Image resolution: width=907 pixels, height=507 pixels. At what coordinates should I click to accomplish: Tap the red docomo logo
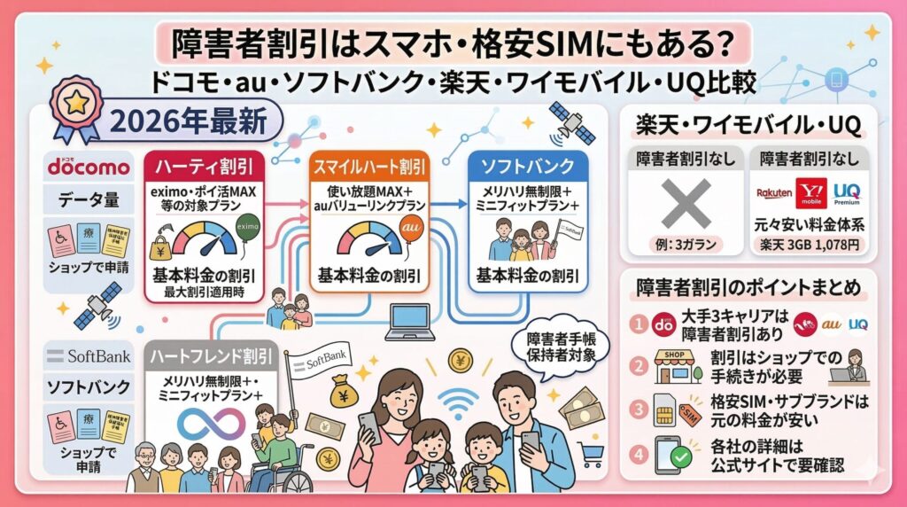[89, 166]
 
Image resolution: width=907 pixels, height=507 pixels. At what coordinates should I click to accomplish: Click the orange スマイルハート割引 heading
[368, 167]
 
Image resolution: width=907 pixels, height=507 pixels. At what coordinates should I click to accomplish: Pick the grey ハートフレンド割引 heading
[213, 359]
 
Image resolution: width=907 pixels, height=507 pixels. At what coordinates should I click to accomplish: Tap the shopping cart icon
[591, 454]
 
